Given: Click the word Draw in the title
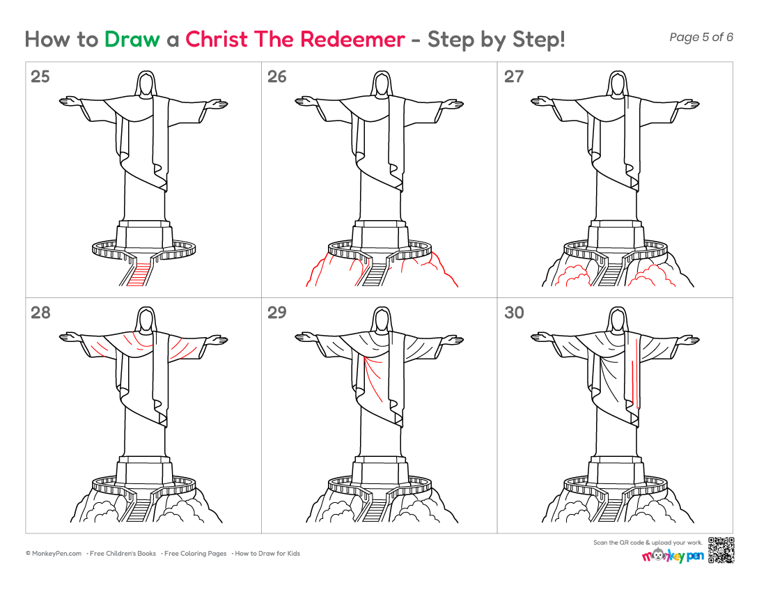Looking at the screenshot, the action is [132, 39].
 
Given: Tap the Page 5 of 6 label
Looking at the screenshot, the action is [701, 37].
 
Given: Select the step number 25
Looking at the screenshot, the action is [40, 76].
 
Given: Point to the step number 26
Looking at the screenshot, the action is [277, 76].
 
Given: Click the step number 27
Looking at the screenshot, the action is [514, 76].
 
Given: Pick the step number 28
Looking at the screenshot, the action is [40, 312].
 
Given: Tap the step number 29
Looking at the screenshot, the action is [277, 312].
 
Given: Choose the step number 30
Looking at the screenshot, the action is [514, 312].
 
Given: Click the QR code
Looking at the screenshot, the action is [721, 550].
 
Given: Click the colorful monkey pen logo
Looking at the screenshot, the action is [673, 555].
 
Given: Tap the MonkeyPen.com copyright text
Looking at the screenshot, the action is [54, 554].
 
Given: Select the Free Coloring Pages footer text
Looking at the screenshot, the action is [196, 554].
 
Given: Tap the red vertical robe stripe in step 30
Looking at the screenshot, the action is [636, 371].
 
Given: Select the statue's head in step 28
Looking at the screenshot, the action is [145, 320].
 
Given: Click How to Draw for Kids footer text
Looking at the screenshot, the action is [267, 554].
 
